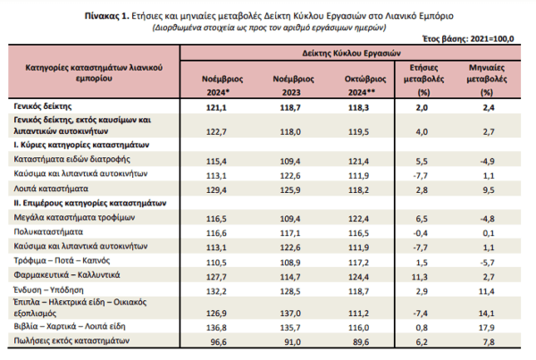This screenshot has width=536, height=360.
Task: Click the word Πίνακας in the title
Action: point(101,16)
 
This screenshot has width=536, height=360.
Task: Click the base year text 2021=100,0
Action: point(492,39)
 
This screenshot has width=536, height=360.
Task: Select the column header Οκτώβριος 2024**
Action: point(364,86)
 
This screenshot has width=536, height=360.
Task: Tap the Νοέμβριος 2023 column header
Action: point(293,86)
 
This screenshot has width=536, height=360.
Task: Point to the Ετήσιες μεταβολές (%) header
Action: point(423,80)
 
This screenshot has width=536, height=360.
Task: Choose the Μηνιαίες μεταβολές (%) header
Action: point(487,80)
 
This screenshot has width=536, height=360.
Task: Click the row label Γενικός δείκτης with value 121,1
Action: point(43,106)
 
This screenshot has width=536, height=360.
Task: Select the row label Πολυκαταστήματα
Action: point(48,231)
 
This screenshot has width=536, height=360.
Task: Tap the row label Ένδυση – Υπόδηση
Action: point(48,290)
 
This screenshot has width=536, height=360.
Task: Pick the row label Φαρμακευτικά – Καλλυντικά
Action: point(67,275)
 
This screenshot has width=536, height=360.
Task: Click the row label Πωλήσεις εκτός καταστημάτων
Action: point(71,340)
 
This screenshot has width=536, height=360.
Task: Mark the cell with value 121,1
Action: point(216,108)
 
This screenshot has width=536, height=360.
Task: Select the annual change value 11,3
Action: point(420,277)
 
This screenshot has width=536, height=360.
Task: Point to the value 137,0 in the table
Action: point(290,314)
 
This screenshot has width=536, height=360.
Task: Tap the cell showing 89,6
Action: point(360,342)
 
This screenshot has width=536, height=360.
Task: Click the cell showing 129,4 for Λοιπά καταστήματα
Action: point(216,189)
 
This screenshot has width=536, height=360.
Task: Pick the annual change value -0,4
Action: point(420,233)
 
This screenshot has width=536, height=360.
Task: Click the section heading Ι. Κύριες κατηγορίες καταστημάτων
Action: point(81,145)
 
